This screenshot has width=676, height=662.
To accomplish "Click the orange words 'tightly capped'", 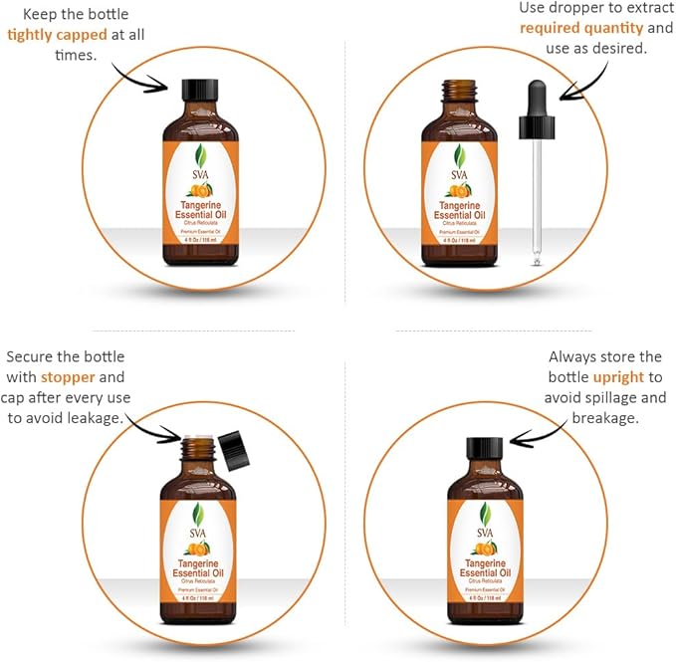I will (57, 34).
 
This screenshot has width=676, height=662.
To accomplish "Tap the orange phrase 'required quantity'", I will (575, 28).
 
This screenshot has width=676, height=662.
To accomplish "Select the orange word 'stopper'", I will (69, 377).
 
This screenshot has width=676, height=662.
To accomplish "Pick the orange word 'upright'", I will (618, 377).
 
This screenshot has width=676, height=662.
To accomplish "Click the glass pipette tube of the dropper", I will (537, 199).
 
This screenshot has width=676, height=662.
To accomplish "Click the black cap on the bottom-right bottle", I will (485, 448).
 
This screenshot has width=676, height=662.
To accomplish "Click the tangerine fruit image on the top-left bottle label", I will (200, 189).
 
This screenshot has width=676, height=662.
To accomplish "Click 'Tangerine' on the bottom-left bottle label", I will (199, 562).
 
